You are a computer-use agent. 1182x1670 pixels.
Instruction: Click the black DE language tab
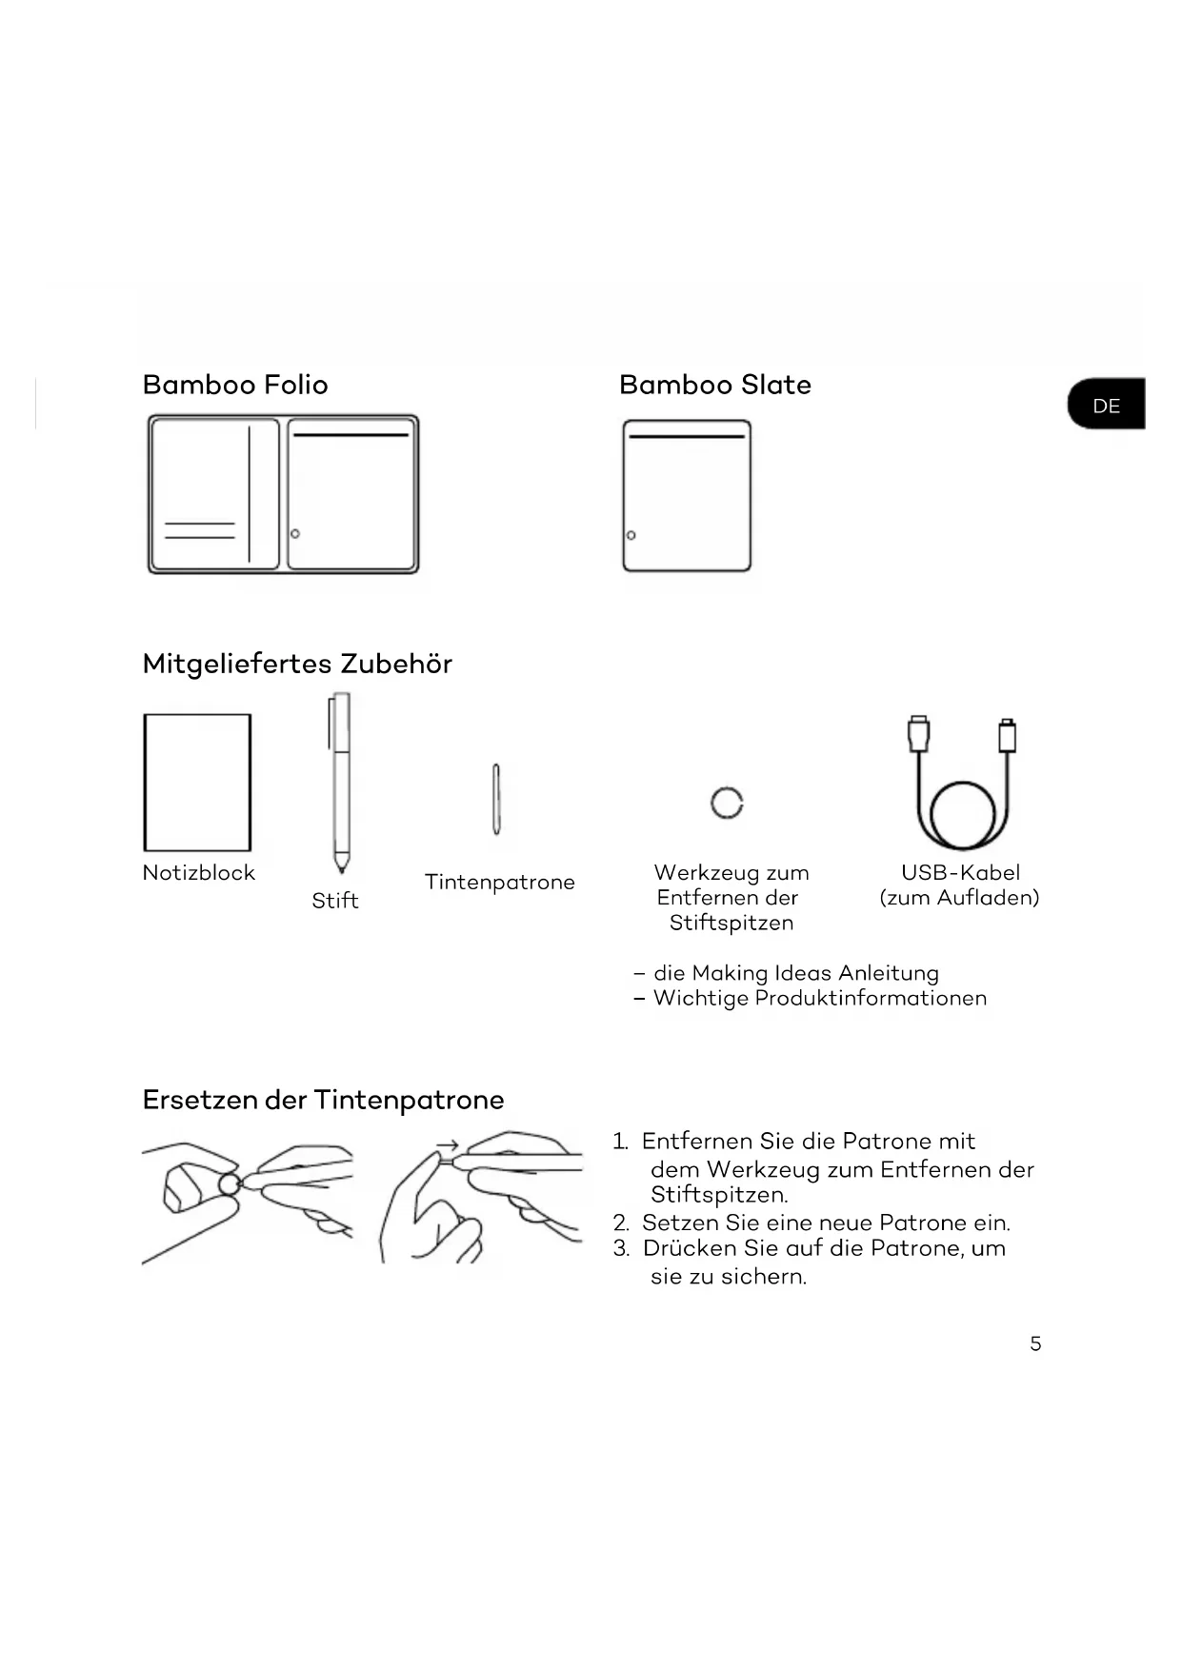pyautogui.click(x=1106, y=405)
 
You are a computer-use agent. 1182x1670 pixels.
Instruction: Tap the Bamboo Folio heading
pyautogui.click(x=235, y=385)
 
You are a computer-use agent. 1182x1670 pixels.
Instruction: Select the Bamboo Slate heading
pyautogui.click(x=714, y=385)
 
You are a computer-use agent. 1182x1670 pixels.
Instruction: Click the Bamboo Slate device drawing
pyautogui.click(x=686, y=496)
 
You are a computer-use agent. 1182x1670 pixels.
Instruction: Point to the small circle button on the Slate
pyautogui.click(x=631, y=535)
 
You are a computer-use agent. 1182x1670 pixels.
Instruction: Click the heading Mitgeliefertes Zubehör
pyautogui.click(x=297, y=664)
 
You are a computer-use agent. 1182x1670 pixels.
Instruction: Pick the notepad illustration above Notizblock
pyautogui.click(x=197, y=783)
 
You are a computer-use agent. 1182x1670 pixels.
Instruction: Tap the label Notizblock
pyautogui.click(x=199, y=872)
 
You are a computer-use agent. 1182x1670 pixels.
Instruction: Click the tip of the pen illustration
pyautogui.click(x=341, y=868)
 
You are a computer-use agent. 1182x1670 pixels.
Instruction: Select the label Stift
pyautogui.click(x=335, y=901)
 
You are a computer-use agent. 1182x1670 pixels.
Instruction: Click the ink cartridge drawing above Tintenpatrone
pyautogui.click(x=496, y=800)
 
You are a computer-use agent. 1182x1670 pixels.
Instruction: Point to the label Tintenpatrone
pyautogui.click(x=500, y=882)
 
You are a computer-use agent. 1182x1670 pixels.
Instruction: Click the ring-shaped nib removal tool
pyautogui.click(x=727, y=803)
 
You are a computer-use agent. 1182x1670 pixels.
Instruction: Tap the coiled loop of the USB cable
pyautogui.click(x=962, y=816)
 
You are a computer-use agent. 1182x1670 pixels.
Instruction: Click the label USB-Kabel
pyautogui.click(x=960, y=872)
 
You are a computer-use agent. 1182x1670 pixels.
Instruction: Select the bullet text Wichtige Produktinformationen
pyautogui.click(x=819, y=998)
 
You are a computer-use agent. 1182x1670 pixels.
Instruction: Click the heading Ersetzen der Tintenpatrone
pyautogui.click(x=323, y=1100)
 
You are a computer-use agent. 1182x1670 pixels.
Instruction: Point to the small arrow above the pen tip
pyautogui.click(x=448, y=1145)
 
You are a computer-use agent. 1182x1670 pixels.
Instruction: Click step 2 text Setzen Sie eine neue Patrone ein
pyautogui.click(x=825, y=1223)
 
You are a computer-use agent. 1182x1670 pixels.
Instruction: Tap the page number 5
pyautogui.click(x=1035, y=1343)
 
